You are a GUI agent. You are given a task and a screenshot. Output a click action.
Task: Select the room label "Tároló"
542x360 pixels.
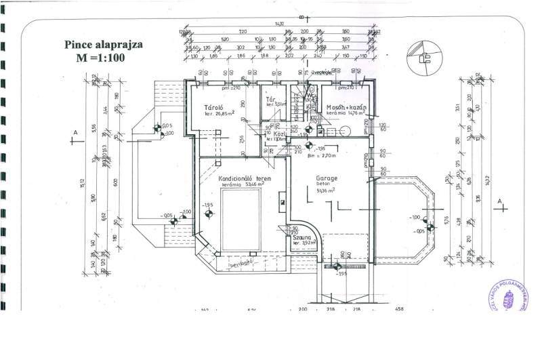point(215,107)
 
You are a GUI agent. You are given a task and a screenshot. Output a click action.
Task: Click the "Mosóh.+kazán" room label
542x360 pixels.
point(346,108)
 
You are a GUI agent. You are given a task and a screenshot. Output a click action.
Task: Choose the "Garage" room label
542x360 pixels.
point(326,179)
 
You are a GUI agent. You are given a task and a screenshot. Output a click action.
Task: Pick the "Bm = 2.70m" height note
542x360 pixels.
point(320,155)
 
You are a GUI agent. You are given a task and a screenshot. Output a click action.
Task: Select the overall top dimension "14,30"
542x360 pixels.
point(279,24)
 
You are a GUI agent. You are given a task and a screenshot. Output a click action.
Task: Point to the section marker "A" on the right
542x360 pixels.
point(499,202)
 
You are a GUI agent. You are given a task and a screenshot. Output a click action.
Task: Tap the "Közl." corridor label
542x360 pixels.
point(278,134)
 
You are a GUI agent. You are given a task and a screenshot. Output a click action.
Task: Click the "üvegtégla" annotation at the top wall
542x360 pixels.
point(321,71)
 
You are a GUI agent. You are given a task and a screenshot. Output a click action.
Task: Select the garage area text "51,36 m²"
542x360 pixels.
point(326,191)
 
